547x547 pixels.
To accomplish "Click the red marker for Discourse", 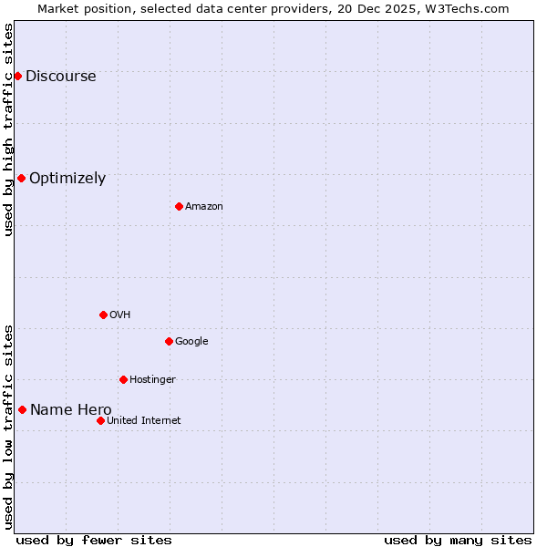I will point(17,76).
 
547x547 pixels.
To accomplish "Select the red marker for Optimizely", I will point(21,178).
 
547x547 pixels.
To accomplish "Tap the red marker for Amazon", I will point(179,206).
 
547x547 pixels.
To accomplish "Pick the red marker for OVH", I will point(103,315).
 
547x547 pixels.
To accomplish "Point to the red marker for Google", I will point(169,341).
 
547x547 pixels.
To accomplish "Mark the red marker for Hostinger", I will point(123,379).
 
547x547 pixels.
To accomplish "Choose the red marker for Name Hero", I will point(22,409).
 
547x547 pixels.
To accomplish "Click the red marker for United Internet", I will point(100,420).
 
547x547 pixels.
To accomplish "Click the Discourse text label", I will point(60,77).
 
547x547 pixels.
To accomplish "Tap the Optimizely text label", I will point(67,179).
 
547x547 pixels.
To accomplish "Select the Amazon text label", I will point(204,207).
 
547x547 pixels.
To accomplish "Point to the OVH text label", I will point(120,315).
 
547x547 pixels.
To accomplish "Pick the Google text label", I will point(191,342).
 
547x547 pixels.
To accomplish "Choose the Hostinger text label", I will point(152,380).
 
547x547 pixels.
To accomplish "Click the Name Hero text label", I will point(70,410).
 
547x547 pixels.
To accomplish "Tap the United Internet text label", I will point(143,421).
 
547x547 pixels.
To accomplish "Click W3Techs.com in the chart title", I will point(464,8).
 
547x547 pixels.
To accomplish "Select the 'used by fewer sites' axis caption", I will point(94,540).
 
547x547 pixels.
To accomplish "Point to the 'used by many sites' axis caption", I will point(458,540).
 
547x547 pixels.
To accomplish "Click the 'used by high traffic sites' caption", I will point(8,129).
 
